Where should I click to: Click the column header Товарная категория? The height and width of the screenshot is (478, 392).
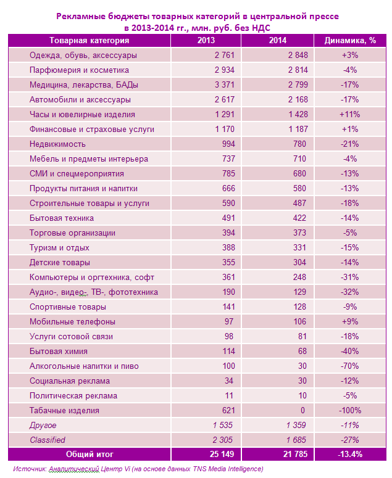tap(89, 41)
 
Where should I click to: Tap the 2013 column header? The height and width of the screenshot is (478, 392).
tap(206, 41)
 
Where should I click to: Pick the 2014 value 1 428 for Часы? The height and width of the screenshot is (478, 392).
tap(288, 115)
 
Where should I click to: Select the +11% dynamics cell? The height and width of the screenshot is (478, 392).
tap(349, 115)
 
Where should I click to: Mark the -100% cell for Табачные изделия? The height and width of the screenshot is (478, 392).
tap(349, 411)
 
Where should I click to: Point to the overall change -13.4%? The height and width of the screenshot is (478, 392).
tap(349, 455)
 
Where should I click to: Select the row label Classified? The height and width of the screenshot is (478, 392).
tap(48, 440)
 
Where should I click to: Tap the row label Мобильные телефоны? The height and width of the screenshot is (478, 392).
tap(72, 322)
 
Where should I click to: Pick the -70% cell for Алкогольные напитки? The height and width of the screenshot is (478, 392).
tap(349, 366)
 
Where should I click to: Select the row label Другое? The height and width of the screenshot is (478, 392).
tap(43, 426)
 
